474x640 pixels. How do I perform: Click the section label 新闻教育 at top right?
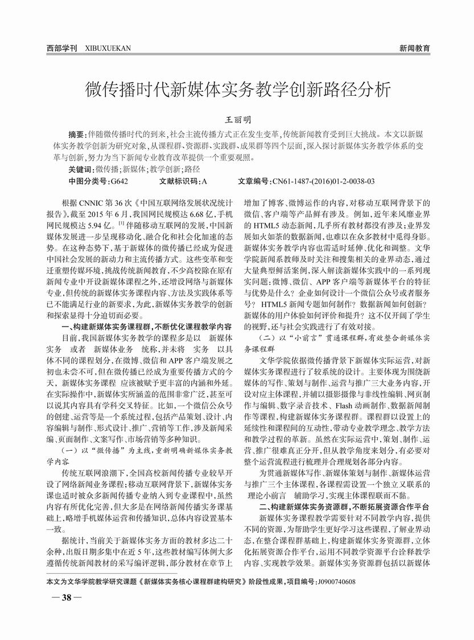point(414,48)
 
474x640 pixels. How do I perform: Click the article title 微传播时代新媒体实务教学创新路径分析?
point(238,89)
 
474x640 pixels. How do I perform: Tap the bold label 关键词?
point(80,169)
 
